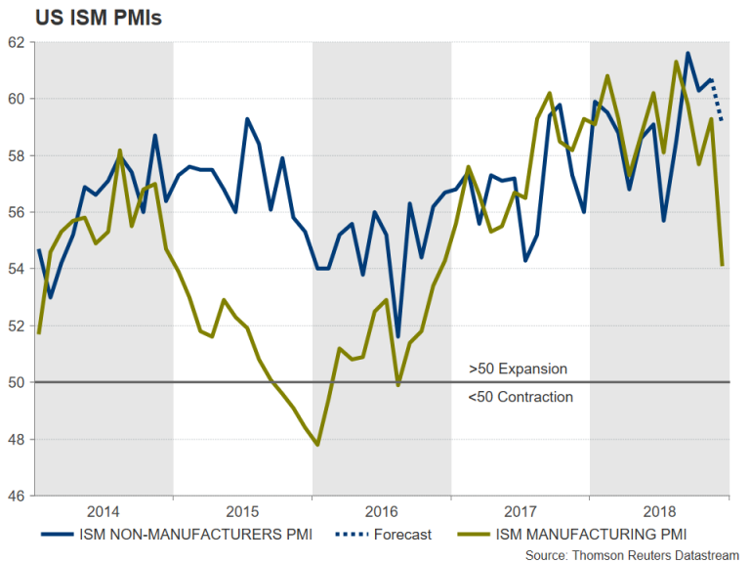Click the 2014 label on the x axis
(x=104, y=510)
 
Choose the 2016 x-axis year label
(x=382, y=510)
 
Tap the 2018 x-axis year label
(x=659, y=510)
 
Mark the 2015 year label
(x=242, y=510)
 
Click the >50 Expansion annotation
(x=518, y=369)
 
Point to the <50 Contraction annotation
(x=521, y=397)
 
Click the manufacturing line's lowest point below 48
(x=317, y=445)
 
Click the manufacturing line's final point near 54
(x=722, y=265)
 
